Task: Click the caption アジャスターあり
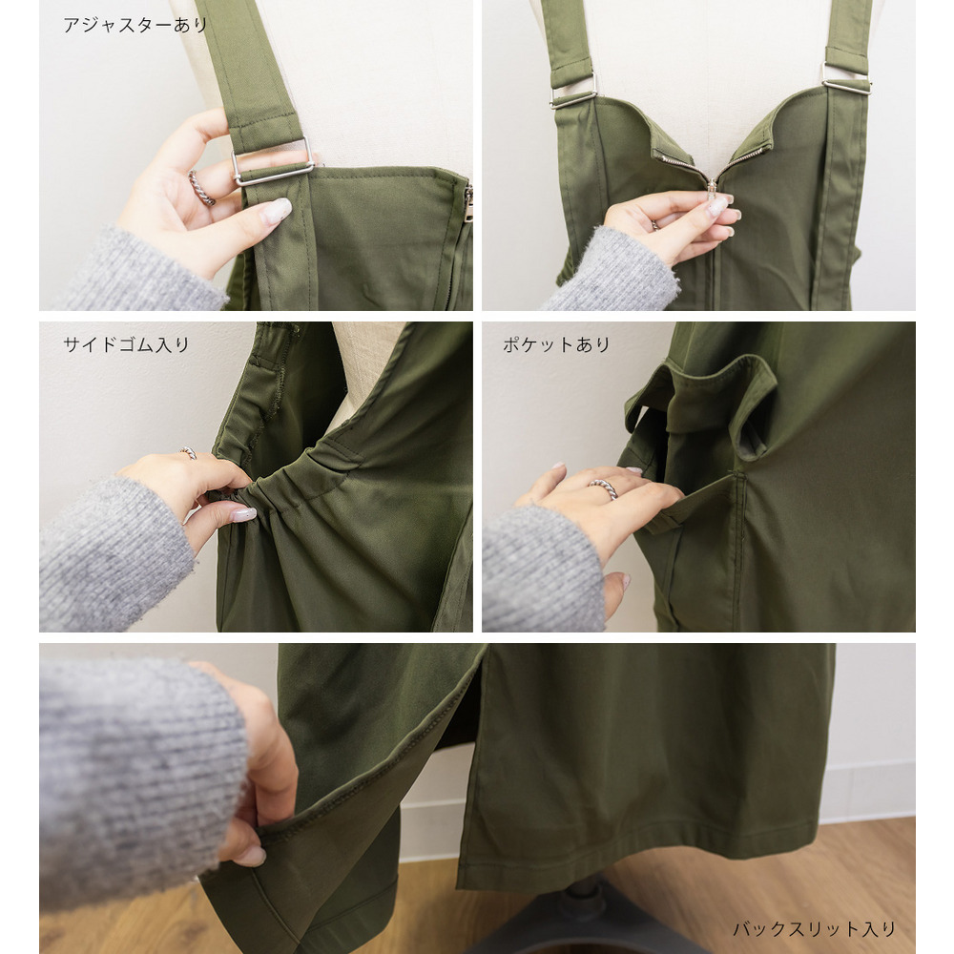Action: coord(135,25)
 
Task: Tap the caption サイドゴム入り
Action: coord(126,345)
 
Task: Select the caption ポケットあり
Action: coord(556,345)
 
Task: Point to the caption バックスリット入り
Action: coord(814,929)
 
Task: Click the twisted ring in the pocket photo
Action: coord(603,487)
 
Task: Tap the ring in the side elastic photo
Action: coord(188,452)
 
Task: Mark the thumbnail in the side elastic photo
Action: coord(243,515)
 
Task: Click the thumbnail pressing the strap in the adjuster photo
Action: coord(277,211)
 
